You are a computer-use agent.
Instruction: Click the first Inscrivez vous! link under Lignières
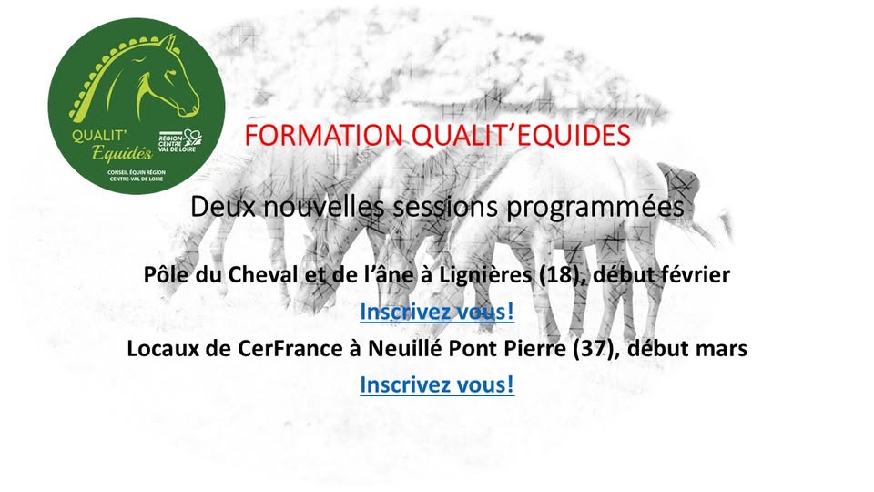click(437, 312)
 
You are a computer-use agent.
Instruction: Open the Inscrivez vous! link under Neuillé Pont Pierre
click(437, 384)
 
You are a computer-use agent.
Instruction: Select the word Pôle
click(165, 274)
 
